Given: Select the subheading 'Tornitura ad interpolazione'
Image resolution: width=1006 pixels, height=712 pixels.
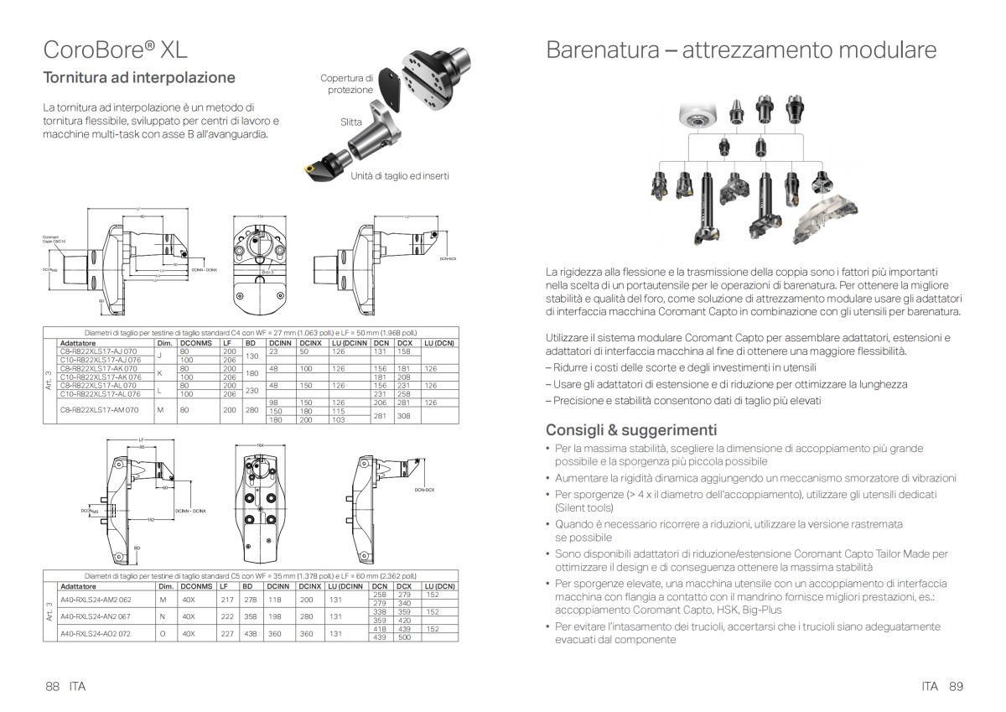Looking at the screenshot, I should coord(139,78).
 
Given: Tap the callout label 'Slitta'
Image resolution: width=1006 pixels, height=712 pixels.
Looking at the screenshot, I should coord(351,122).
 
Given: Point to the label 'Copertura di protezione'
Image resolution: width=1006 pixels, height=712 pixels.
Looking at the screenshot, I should coord(346,84).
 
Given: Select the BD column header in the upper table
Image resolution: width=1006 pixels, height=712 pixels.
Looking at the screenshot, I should coord(250,343).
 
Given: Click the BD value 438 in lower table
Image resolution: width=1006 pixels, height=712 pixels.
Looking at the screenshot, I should coord(250,633).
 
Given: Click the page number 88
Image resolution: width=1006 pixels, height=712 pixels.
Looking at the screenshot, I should coord(53,686).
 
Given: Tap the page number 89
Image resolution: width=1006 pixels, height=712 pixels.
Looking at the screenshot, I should coord(957,686).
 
